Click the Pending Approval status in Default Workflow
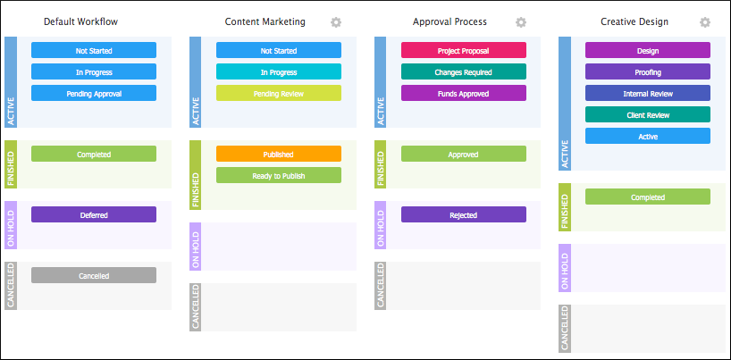pos(94,93)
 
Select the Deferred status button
pos(94,214)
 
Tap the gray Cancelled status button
pos(94,275)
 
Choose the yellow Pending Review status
pos(279,93)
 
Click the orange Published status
pos(279,154)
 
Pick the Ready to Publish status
pos(279,175)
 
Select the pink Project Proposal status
pos(464,50)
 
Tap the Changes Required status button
pos(464,71)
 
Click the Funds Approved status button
pos(464,93)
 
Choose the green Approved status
pos(464,154)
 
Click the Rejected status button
pos(464,214)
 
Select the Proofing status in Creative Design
pos(648,71)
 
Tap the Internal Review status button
pos(648,93)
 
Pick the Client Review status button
pos(648,114)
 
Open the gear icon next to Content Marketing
pos(336,22)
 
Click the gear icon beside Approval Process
pos(520,22)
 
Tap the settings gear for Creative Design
pos(705,22)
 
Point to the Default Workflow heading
pos(80,21)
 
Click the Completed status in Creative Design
pos(648,197)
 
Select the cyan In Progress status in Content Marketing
pos(279,71)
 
